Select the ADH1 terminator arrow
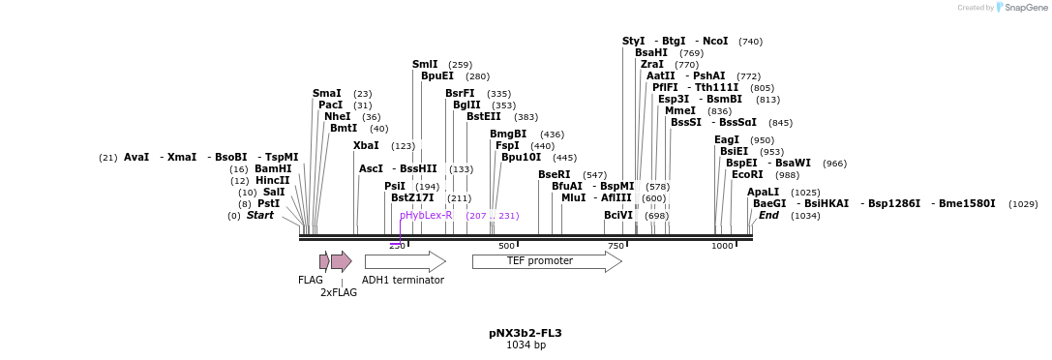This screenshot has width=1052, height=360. [405, 261]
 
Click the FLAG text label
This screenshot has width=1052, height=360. [311, 280]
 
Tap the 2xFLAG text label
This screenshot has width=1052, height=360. [339, 292]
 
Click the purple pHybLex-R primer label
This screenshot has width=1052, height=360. [426, 215]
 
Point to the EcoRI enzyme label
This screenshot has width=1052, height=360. [747, 175]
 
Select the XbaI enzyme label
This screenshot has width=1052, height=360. [366, 146]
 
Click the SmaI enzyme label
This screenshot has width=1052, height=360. [327, 94]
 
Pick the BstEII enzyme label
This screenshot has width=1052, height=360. [489, 117]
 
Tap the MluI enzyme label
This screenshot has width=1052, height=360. [574, 197]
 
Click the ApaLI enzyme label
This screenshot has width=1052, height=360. [764, 193]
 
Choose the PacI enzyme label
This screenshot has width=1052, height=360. [331, 105]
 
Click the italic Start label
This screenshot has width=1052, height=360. [260, 216]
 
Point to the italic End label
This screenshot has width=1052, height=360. [769, 216]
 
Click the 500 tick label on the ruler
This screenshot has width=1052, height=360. [506, 246]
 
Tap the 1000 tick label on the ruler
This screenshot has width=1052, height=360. [722, 246]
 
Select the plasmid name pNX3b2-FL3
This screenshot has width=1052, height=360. [526, 333]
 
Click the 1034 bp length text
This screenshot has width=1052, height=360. [526, 345]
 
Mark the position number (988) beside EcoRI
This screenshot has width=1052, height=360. [788, 175]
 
